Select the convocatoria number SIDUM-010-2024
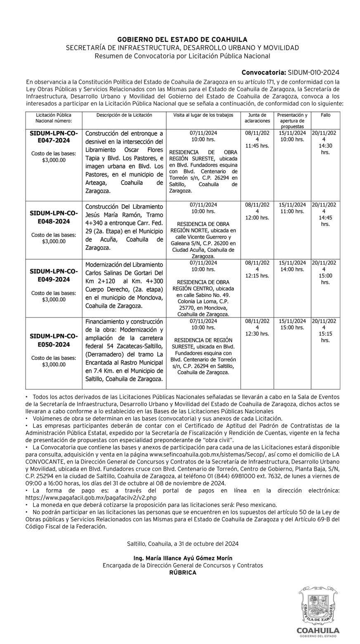pyautogui.click(x=314, y=72)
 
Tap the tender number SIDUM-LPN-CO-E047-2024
pyautogui.click(x=54, y=137)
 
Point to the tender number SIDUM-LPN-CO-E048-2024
pyautogui.click(x=54, y=217)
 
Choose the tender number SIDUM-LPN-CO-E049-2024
pyautogui.click(x=54, y=275)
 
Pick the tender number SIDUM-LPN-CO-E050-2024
pyautogui.click(x=54, y=340)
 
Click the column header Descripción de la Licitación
pyautogui.click(x=124, y=115)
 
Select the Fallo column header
pyautogui.click(x=325, y=115)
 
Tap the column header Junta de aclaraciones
pyautogui.click(x=257, y=118)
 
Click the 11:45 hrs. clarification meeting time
pyautogui.click(x=257, y=146)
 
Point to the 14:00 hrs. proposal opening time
pyautogui.click(x=292, y=269)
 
